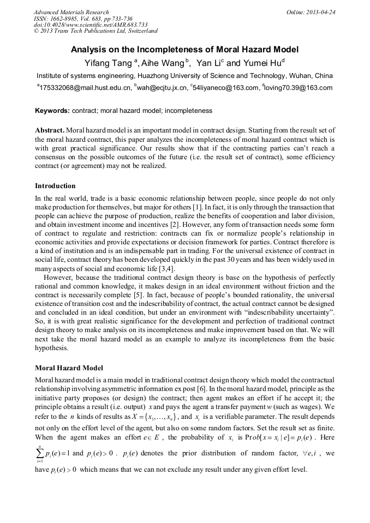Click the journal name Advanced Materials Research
pyautogui.click(x=71, y=12)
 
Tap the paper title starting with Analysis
pyautogui.click(x=185, y=50)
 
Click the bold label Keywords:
pyautogui.click(x=52, y=111)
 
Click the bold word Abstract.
pyautogui.click(x=50, y=130)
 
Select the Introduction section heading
pyautogui.click(x=55, y=186)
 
